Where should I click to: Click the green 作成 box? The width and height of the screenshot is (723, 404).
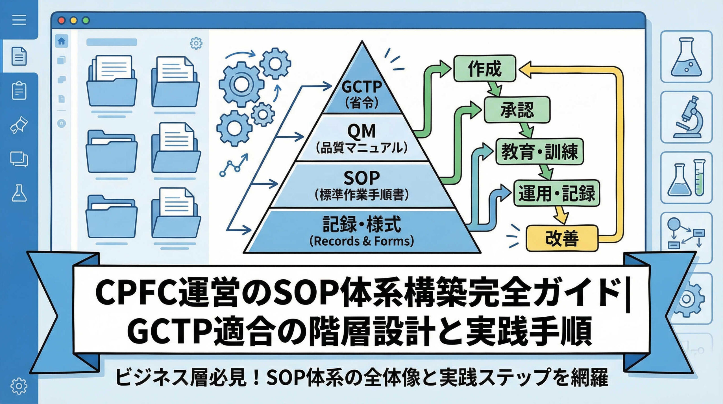click(485, 69)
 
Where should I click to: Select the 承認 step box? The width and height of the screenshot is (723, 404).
click(517, 110)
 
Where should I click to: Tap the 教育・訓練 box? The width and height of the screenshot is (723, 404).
click(539, 152)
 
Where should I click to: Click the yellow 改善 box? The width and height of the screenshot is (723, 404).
click(562, 238)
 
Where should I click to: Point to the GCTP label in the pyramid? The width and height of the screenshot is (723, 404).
click(362, 87)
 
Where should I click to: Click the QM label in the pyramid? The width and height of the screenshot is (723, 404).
click(361, 131)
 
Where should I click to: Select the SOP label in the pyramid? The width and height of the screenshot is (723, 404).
click(361, 178)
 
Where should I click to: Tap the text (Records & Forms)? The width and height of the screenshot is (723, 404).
click(361, 241)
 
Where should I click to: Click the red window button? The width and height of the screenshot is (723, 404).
click(62, 20)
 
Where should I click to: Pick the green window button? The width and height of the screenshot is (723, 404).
click(86, 20)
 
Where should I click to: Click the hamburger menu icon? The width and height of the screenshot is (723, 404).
click(19, 20)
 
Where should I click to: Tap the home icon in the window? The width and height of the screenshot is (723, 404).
click(61, 41)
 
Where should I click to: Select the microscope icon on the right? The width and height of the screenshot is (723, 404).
click(687, 117)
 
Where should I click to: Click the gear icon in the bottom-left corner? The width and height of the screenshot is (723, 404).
click(19, 385)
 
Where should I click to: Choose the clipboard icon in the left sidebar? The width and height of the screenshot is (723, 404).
click(19, 90)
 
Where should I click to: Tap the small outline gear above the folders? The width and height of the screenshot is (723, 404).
click(196, 43)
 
